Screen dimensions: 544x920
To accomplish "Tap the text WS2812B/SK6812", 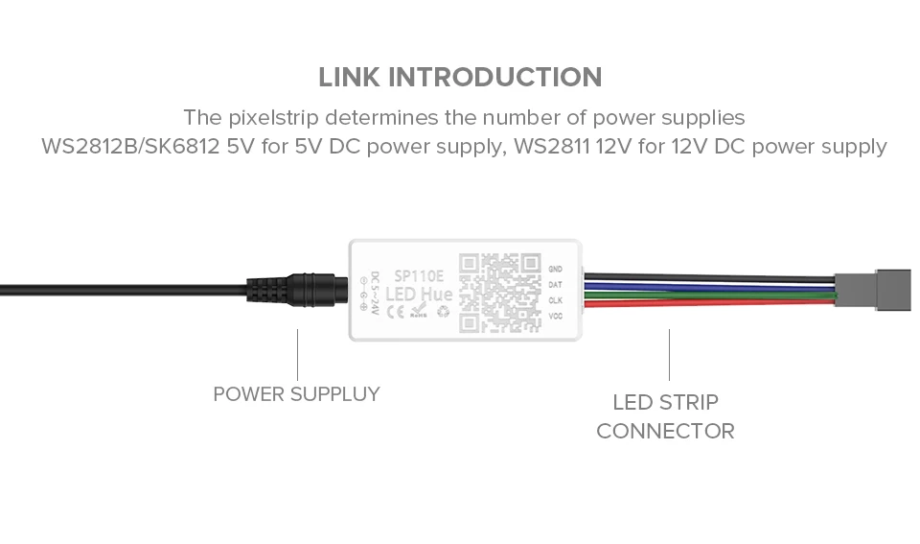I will (x=135, y=148).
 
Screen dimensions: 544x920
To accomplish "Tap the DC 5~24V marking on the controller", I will (x=375, y=292).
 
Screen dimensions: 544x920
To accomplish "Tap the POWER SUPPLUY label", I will (x=296, y=393).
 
